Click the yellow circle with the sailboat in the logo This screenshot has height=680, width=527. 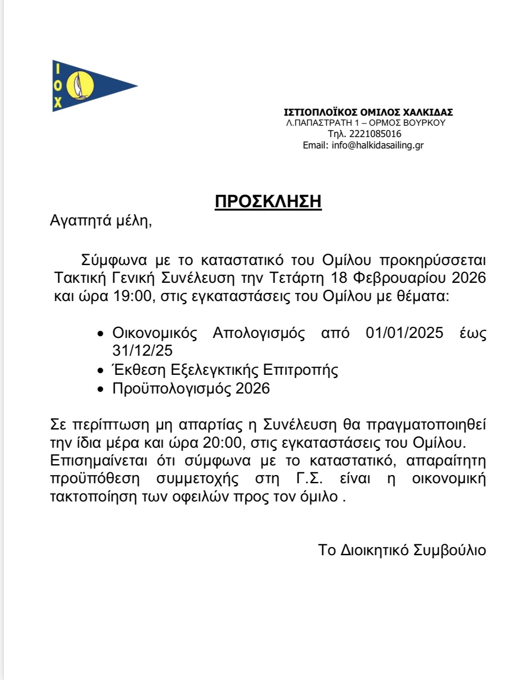(81, 86)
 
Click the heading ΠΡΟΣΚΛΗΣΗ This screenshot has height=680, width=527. (268, 201)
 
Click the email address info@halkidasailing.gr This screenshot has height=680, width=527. (378, 145)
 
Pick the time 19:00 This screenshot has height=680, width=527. (132, 296)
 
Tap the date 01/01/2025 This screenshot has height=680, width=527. (404, 333)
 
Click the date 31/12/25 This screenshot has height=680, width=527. (142, 350)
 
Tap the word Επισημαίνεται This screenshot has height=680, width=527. (99, 460)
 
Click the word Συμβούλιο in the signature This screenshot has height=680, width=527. (449, 550)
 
